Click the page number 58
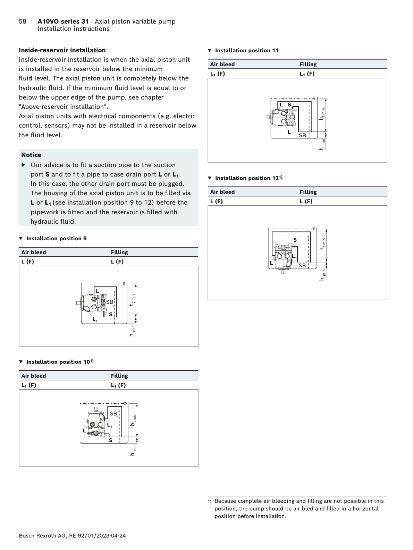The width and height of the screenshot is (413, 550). point(23,22)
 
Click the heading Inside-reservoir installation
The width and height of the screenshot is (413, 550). point(62,50)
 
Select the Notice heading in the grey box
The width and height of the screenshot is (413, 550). point(31,155)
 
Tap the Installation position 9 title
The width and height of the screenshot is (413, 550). point(56,239)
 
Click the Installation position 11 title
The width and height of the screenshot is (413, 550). point(246,51)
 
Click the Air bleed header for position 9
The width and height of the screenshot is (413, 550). point(34,252)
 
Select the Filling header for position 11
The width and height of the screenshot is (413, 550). point(308,65)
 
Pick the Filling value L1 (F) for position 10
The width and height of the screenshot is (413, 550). point(118,385)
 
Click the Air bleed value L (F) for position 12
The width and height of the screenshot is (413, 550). point(217,201)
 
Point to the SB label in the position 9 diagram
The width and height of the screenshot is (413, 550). point(110,302)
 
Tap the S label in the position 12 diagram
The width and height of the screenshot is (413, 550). point(295,240)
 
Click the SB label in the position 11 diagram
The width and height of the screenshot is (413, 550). point(303,136)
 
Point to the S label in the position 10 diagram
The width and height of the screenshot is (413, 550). point(111,440)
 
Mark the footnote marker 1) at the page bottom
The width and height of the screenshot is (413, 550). point(210,501)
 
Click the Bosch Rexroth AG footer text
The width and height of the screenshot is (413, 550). point(72,536)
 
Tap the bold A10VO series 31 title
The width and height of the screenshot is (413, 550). point(63,22)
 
